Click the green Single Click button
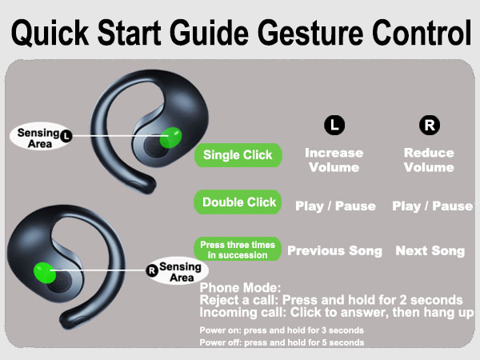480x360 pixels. tap(238, 155)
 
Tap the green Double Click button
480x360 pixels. tap(238, 202)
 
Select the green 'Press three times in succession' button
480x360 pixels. tap(238, 250)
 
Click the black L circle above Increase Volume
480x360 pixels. tap(334, 125)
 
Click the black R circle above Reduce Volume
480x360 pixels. tap(430, 125)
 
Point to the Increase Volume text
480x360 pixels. tap(334, 160)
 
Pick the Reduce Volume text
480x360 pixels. tap(429, 160)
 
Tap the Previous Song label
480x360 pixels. tap(335, 250)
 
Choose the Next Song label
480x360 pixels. tap(430, 250)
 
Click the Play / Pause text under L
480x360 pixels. tap(335, 206)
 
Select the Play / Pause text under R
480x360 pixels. tap(433, 206)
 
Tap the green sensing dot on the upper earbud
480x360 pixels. tap(171, 138)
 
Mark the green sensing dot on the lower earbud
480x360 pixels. tap(45, 273)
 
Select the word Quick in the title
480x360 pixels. tap(50, 33)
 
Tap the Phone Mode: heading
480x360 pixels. tap(240, 288)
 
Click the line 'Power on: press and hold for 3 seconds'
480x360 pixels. tap(282, 330)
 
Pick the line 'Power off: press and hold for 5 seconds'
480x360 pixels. tap(282, 342)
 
